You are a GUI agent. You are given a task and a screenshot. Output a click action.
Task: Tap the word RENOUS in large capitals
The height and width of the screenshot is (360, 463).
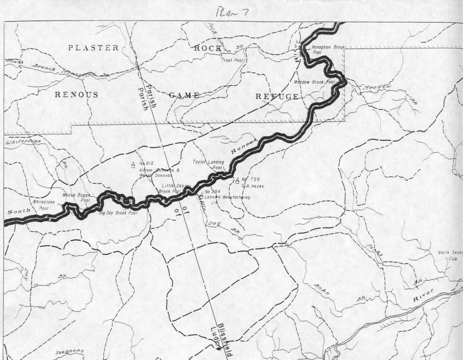(x=76, y=95)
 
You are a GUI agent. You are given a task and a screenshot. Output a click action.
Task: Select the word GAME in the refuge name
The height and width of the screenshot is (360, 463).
(x=183, y=95)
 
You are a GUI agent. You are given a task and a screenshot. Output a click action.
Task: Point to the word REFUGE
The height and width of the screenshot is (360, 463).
(x=277, y=96)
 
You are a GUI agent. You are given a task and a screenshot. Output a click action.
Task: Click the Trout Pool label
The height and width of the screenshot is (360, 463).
(x=233, y=60)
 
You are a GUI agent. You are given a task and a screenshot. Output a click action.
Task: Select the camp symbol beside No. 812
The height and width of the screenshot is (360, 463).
(x=132, y=166)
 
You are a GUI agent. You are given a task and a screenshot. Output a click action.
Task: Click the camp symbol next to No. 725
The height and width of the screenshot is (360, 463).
(x=237, y=180)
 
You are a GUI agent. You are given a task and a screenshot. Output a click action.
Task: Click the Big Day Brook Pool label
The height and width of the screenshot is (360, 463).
(x=118, y=212)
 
